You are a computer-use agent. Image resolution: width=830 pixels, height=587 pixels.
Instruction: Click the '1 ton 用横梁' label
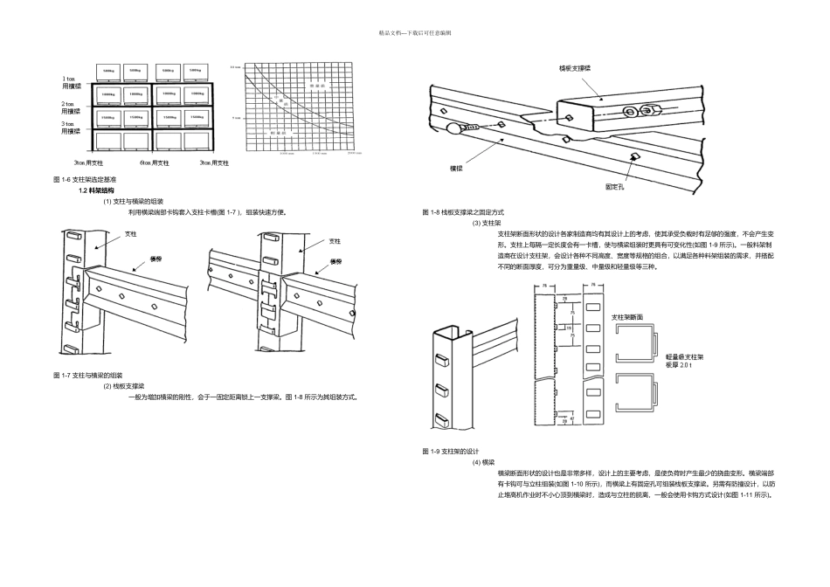(x=71, y=83)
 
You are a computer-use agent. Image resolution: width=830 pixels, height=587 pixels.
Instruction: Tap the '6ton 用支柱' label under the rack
(x=154, y=162)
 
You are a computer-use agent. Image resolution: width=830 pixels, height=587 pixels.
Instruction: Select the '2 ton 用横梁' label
(x=71, y=107)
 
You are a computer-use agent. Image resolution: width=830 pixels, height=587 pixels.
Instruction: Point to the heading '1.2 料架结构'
(x=96, y=190)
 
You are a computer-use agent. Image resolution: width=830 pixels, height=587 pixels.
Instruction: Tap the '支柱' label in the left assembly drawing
(x=131, y=234)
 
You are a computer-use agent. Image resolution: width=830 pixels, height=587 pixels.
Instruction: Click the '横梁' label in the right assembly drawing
(x=335, y=260)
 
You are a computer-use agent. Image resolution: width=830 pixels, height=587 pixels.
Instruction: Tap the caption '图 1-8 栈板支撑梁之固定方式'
(x=463, y=212)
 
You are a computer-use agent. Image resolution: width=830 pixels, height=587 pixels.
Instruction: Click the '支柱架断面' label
(x=627, y=316)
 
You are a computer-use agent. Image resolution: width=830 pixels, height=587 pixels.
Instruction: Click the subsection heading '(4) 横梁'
(x=483, y=461)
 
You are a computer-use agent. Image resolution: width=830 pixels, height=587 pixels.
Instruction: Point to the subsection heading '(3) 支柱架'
(x=487, y=223)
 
